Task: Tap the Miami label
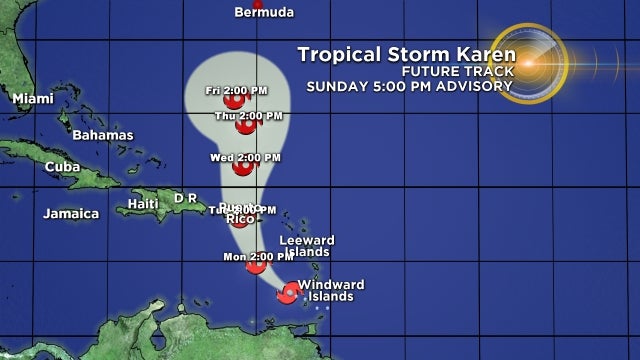point(33,98)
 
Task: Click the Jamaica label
point(71,213)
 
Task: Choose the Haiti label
point(143,204)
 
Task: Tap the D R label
point(185,198)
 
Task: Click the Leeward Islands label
point(305,246)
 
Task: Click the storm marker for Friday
point(234,100)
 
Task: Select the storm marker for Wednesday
point(241,167)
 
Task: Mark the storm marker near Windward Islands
point(289,292)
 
